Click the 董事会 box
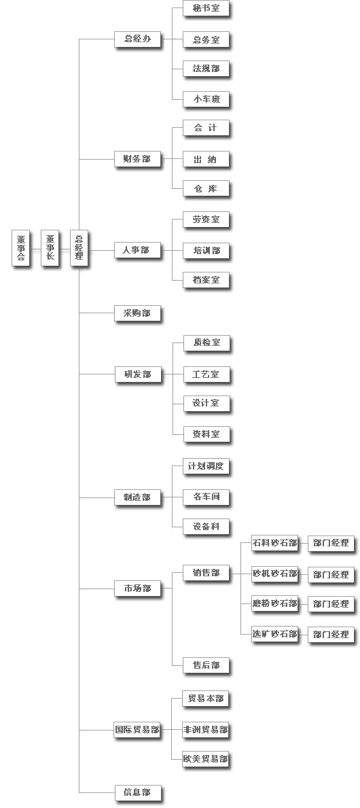pos(20,248)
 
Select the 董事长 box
pos(50,248)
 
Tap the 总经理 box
pos(79,248)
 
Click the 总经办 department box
pos(137,39)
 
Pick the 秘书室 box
pos(206,9)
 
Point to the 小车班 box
pos(206,99)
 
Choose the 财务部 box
pos(137,159)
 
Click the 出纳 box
pos(206,159)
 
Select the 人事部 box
pos(137,250)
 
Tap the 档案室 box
pos(206,281)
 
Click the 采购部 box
pos(137,313)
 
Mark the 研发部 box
pos(137,374)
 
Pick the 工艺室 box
pos(206,374)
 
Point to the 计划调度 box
pos(206,467)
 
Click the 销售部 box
pos(206,573)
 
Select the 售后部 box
pos(206,665)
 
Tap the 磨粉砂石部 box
pos(275,603)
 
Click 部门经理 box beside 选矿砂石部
pos(331,634)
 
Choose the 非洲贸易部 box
pos(206,730)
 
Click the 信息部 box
pos(137,792)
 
